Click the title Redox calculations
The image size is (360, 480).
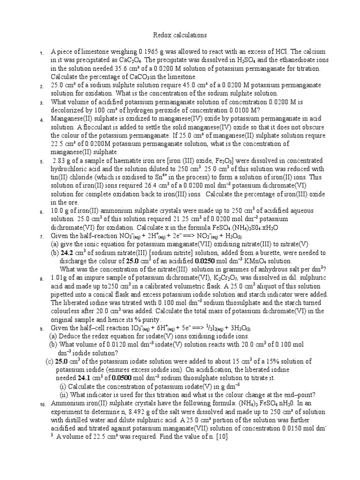[180, 36]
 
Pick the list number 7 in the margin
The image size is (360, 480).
[42, 237]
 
